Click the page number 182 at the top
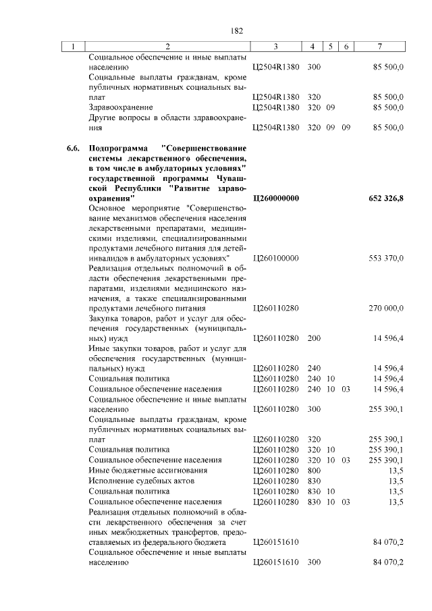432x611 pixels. [x=236, y=31]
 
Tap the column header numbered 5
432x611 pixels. [x=331, y=47]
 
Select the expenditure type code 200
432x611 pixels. [x=314, y=338]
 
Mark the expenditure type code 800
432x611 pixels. [x=314, y=470]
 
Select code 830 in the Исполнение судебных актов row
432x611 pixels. [x=314, y=481]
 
